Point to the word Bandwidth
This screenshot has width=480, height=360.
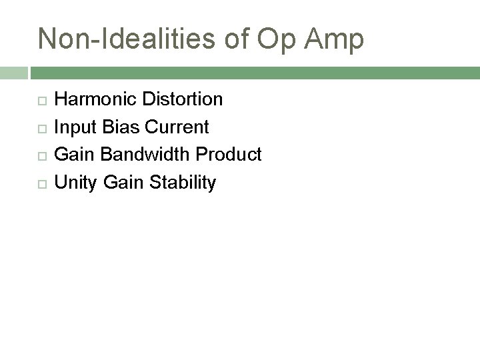141,155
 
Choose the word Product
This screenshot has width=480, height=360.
229,155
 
